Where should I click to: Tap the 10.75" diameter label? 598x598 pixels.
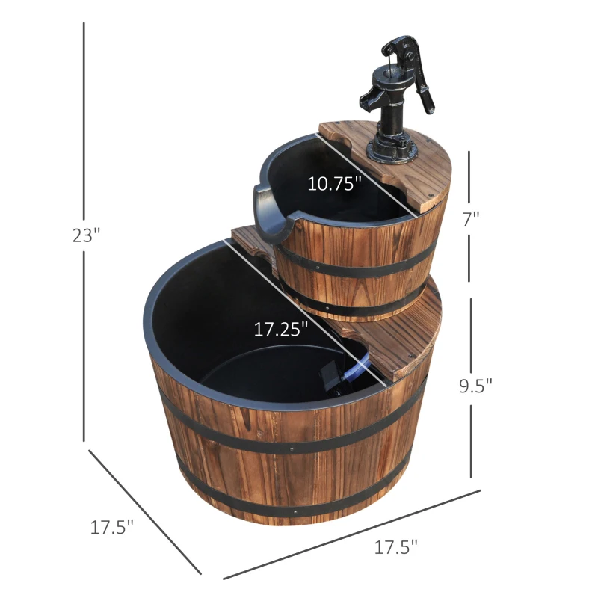335,184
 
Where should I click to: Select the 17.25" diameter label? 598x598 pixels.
280,330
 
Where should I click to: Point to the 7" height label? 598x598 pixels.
471,218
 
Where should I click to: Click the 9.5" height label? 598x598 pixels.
476,386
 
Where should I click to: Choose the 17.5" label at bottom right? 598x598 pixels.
395,546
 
